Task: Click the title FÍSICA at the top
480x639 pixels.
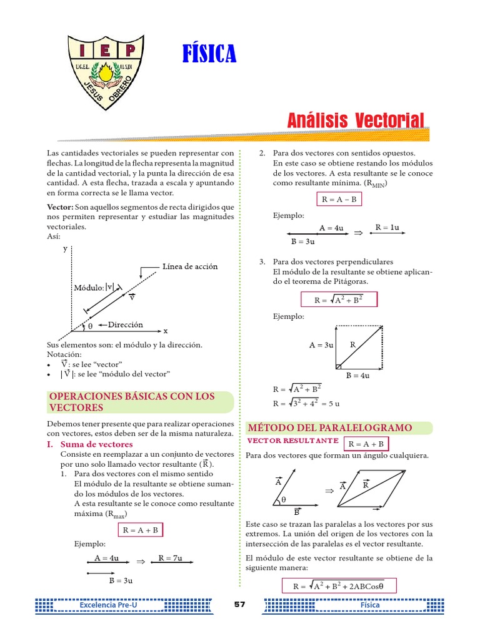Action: [209, 55]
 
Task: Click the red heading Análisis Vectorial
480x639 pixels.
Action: [356, 120]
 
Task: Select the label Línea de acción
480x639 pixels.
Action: [190, 266]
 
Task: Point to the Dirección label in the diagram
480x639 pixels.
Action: [125, 324]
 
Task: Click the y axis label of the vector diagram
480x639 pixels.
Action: [65, 248]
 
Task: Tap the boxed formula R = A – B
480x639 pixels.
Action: [339, 200]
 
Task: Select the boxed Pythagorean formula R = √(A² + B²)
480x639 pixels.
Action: [339, 300]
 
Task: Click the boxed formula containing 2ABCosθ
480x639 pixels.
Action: [337, 586]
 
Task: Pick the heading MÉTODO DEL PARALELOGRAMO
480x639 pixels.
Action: [330, 427]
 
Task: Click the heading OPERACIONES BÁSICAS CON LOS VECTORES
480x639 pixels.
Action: [131, 402]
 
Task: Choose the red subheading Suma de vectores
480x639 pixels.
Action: [96, 444]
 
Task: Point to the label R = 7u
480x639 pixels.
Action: [170, 558]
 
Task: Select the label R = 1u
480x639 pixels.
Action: [387, 228]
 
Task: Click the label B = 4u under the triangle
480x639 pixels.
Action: [357, 375]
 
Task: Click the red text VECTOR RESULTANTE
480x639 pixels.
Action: [292, 441]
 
